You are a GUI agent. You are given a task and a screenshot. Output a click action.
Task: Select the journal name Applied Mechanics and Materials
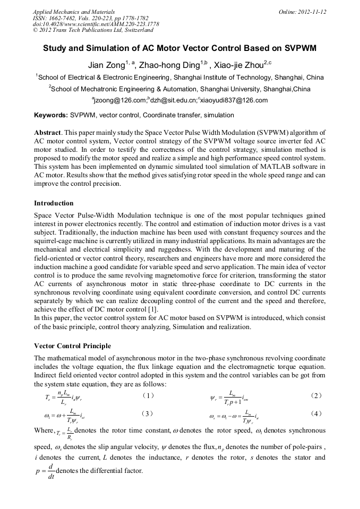(x=74, y=11)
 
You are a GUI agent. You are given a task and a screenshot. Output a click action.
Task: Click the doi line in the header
(x=96, y=24)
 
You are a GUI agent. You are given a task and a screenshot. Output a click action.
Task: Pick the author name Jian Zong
(x=106, y=65)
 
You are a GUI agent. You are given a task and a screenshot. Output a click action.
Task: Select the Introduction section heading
(x=54, y=203)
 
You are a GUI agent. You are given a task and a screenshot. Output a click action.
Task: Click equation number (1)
(x=149, y=395)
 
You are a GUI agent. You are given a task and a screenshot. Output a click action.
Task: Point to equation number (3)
(x=149, y=413)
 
